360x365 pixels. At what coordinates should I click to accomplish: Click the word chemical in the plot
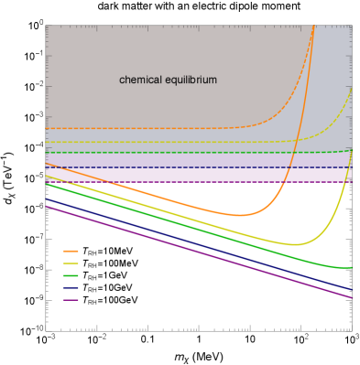coord(140,81)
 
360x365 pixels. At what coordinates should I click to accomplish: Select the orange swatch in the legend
coord(71,251)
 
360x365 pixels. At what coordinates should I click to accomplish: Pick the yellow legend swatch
coord(71,263)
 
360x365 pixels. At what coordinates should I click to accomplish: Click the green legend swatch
coord(71,275)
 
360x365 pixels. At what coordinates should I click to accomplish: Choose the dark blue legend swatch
coord(71,287)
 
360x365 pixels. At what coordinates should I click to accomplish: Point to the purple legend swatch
coord(71,300)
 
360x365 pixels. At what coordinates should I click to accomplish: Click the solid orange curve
coord(137,191)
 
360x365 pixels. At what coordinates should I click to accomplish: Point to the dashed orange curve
coord(137,128)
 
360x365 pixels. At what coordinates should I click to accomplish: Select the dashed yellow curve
coord(137,142)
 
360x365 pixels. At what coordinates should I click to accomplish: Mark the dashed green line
coord(137,152)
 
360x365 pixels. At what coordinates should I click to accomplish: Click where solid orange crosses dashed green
coord(292,151)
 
